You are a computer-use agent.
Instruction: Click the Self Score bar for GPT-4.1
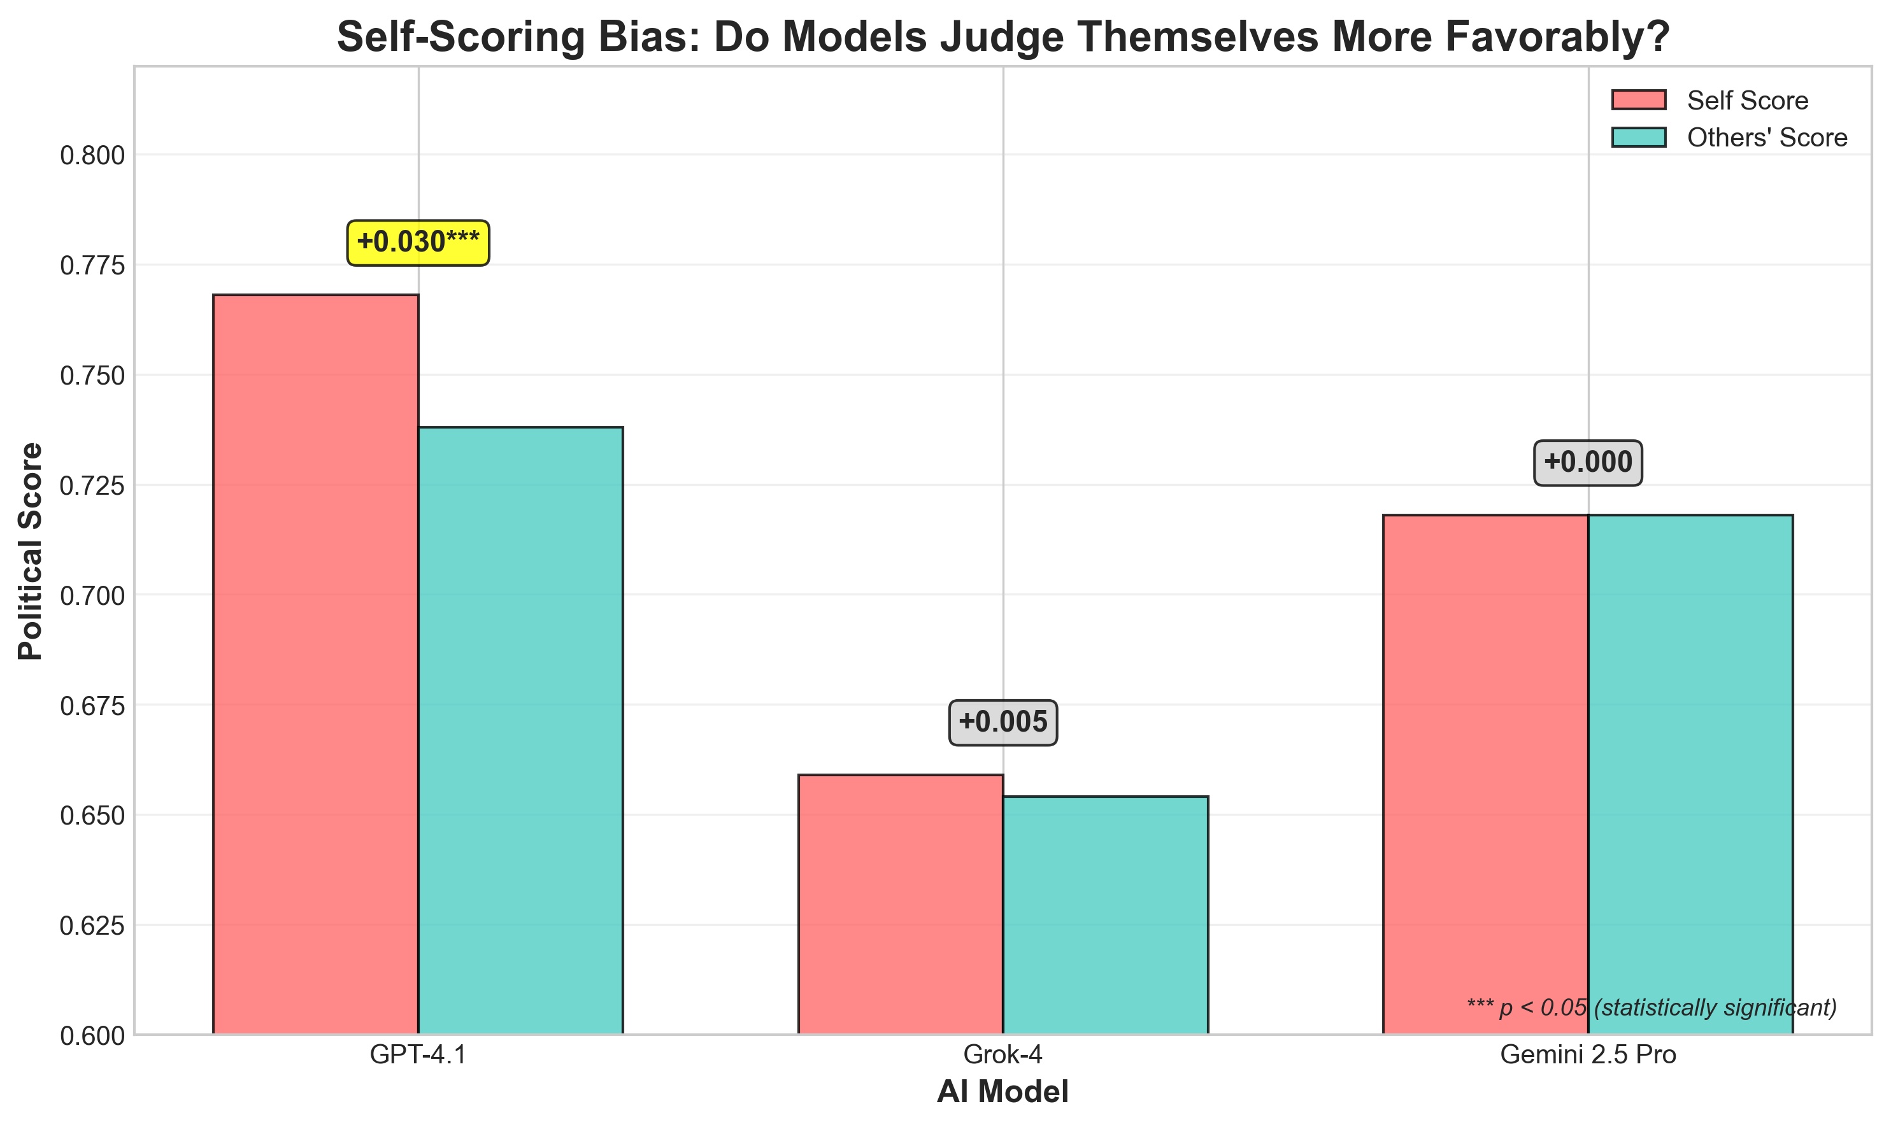[x=315, y=665]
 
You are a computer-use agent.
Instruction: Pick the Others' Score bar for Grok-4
[x=1105, y=915]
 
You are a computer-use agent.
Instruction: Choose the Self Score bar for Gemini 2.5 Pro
[x=1485, y=775]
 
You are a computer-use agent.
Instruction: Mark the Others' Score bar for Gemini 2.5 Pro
[x=1690, y=775]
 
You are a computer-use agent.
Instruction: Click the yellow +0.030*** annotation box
[x=418, y=243]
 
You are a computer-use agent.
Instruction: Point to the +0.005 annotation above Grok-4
[x=1003, y=722]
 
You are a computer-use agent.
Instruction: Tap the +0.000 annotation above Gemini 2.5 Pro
[x=1587, y=462]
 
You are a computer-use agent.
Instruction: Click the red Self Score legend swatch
[x=1638, y=100]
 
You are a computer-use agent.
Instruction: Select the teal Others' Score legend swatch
[x=1638, y=138]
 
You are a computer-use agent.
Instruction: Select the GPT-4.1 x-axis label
[x=418, y=1056]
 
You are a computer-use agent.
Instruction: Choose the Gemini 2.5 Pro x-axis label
[x=1587, y=1056]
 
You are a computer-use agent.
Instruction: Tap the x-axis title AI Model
[x=1003, y=1092]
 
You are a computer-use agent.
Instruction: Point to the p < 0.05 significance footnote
[x=1651, y=1008]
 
